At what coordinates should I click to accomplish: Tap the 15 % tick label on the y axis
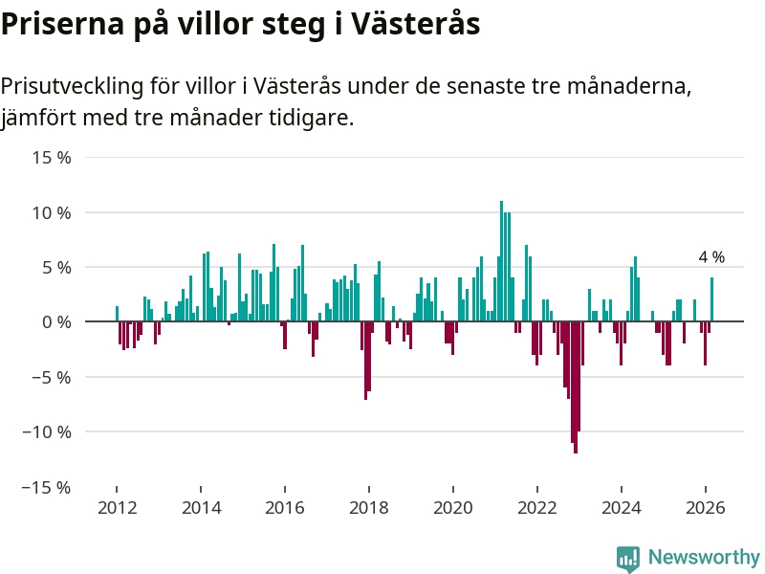(52, 157)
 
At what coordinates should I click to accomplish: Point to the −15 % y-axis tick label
(48, 487)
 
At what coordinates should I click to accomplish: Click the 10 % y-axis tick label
(52, 212)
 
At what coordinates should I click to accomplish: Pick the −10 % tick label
(48, 431)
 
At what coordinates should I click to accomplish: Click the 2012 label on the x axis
(117, 508)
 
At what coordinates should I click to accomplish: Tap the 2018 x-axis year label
(369, 508)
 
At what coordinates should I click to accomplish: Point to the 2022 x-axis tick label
(537, 508)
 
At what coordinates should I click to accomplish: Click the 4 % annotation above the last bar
(711, 257)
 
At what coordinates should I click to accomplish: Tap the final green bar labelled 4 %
(711, 299)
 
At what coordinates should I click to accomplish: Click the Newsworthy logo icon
(627, 558)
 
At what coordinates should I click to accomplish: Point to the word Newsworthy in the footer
(704, 558)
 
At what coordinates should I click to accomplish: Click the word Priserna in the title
(60, 25)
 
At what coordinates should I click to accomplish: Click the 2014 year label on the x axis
(201, 508)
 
